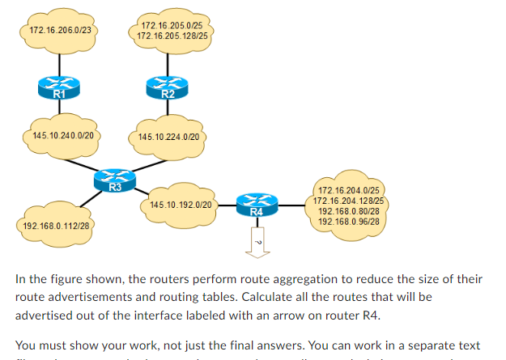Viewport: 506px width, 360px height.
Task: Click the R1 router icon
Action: pos(59,87)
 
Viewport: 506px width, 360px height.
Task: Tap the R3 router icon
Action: pos(115,180)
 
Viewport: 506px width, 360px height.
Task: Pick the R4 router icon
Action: pos(256,205)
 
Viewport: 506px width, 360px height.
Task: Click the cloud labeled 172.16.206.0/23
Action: pos(59,30)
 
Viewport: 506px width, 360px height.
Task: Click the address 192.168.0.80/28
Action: pos(349,211)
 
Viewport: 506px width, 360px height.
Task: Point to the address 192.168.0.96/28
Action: pos(349,221)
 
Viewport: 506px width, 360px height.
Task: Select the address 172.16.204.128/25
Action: pos(349,201)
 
